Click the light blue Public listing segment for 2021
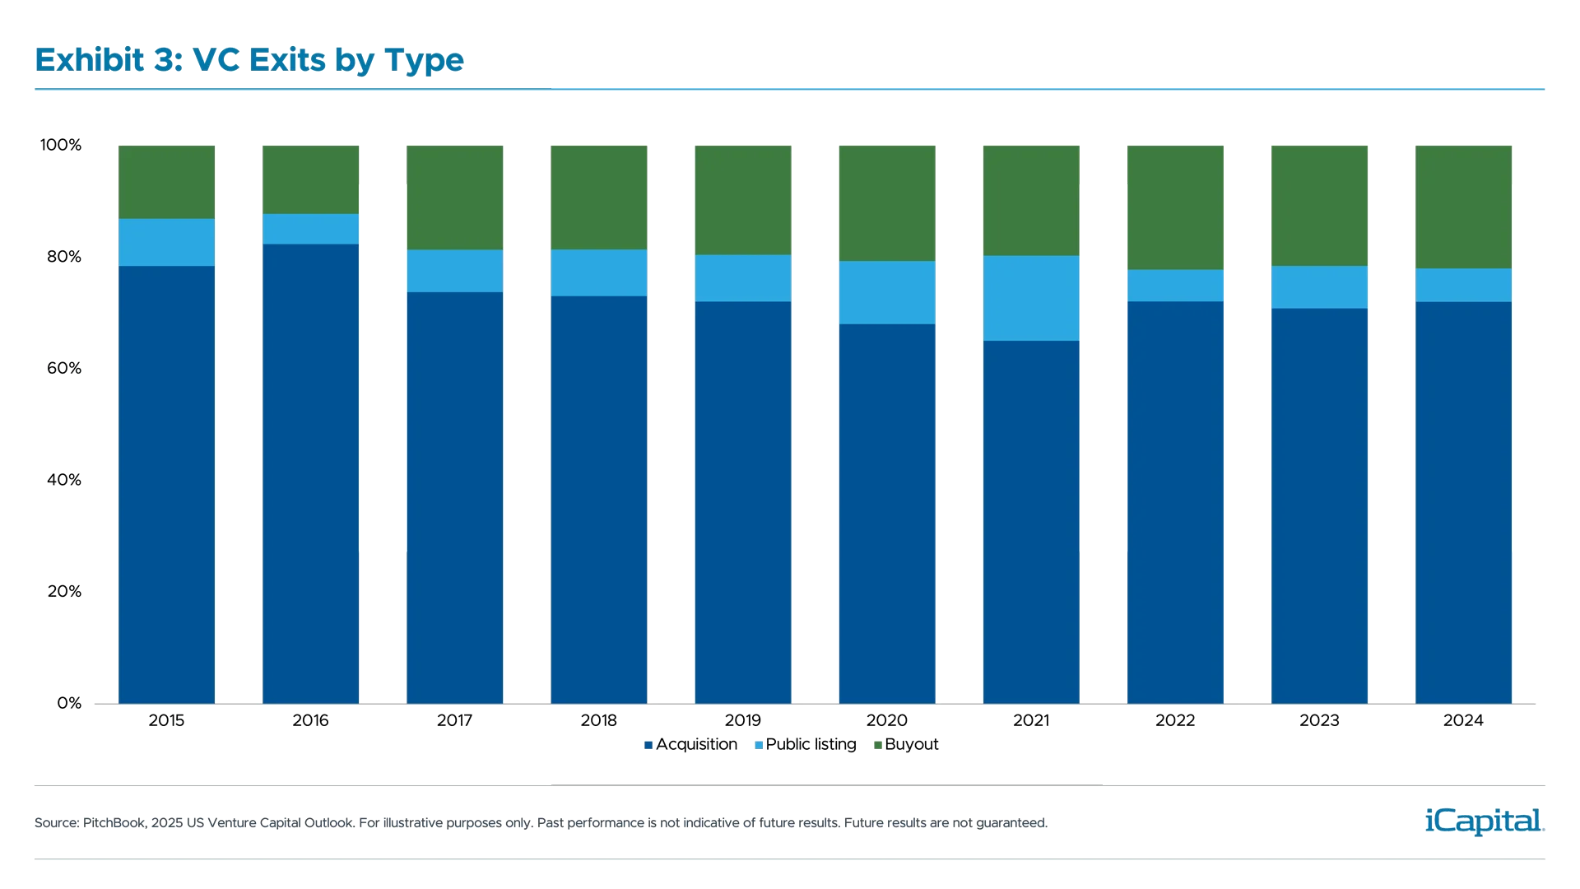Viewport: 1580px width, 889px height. [1030, 298]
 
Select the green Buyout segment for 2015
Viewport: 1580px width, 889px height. [167, 182]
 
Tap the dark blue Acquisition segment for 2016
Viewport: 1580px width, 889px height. [310, 473]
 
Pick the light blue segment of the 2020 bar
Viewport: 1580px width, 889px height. [886, 292]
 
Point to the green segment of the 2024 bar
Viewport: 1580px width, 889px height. [1464, 207]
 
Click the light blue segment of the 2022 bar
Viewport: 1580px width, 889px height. [1175, 286]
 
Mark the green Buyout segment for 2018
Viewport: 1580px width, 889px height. [599, 198]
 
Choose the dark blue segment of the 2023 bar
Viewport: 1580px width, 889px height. [1319, 505]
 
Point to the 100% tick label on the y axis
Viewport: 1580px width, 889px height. [62, 146]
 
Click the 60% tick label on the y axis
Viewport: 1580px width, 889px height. [64, 368]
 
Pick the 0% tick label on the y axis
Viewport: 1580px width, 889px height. [69, 703]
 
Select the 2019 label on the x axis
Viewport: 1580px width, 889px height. [743, 721]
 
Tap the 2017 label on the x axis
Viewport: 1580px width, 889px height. [454, 721]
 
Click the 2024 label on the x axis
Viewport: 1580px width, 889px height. [1463, 721]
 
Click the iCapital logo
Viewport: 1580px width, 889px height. [1481, 821]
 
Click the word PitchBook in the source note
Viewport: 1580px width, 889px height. [114, 823]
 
